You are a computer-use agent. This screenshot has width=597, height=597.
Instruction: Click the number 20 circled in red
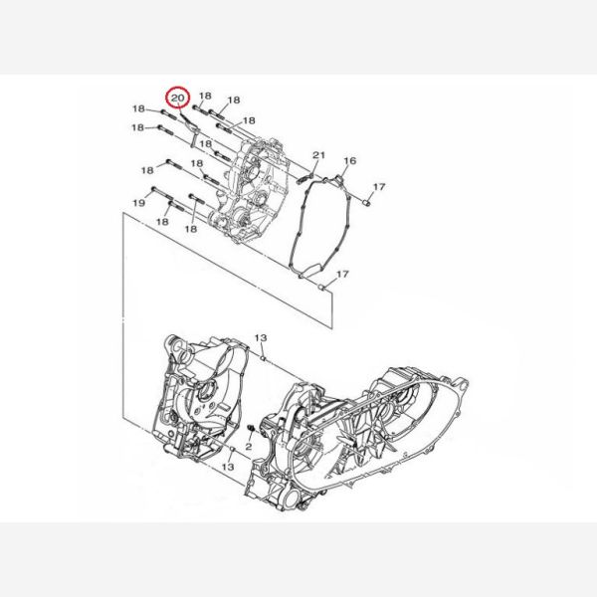pos(177,98)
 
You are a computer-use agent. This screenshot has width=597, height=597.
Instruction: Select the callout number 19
pos(139,203)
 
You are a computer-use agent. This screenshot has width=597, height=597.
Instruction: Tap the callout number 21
pos(319,155)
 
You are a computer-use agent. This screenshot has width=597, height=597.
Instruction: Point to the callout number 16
pos(350,160)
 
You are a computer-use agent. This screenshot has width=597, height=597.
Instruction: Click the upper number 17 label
pos(379,187)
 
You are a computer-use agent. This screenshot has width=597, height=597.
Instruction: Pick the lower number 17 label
pos(342,275)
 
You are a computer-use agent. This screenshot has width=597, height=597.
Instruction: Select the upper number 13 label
pos(261,337)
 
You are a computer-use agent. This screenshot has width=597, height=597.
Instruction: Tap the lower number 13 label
pos(228,467)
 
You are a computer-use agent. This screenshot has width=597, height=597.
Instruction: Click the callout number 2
pos(248,447)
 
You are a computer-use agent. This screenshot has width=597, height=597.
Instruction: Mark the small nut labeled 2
pos(251,430)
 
